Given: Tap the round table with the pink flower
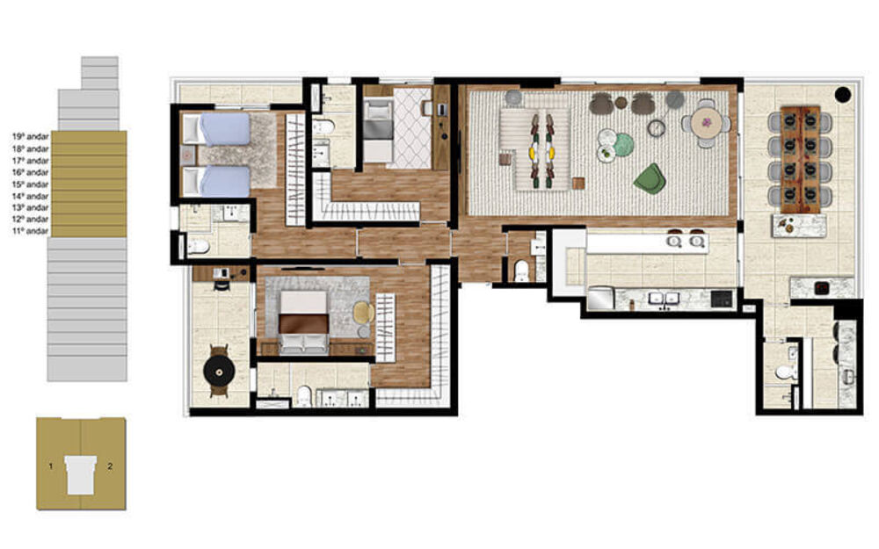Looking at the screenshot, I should [706, 123].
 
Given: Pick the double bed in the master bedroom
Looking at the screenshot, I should [303, 322].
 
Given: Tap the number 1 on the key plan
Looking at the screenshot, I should [51, 466].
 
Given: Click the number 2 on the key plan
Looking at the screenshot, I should [109, 466].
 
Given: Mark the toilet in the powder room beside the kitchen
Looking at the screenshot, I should [521, 269].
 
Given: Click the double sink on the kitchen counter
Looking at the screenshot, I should [664, 299].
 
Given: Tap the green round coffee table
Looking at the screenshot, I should [623, 145].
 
